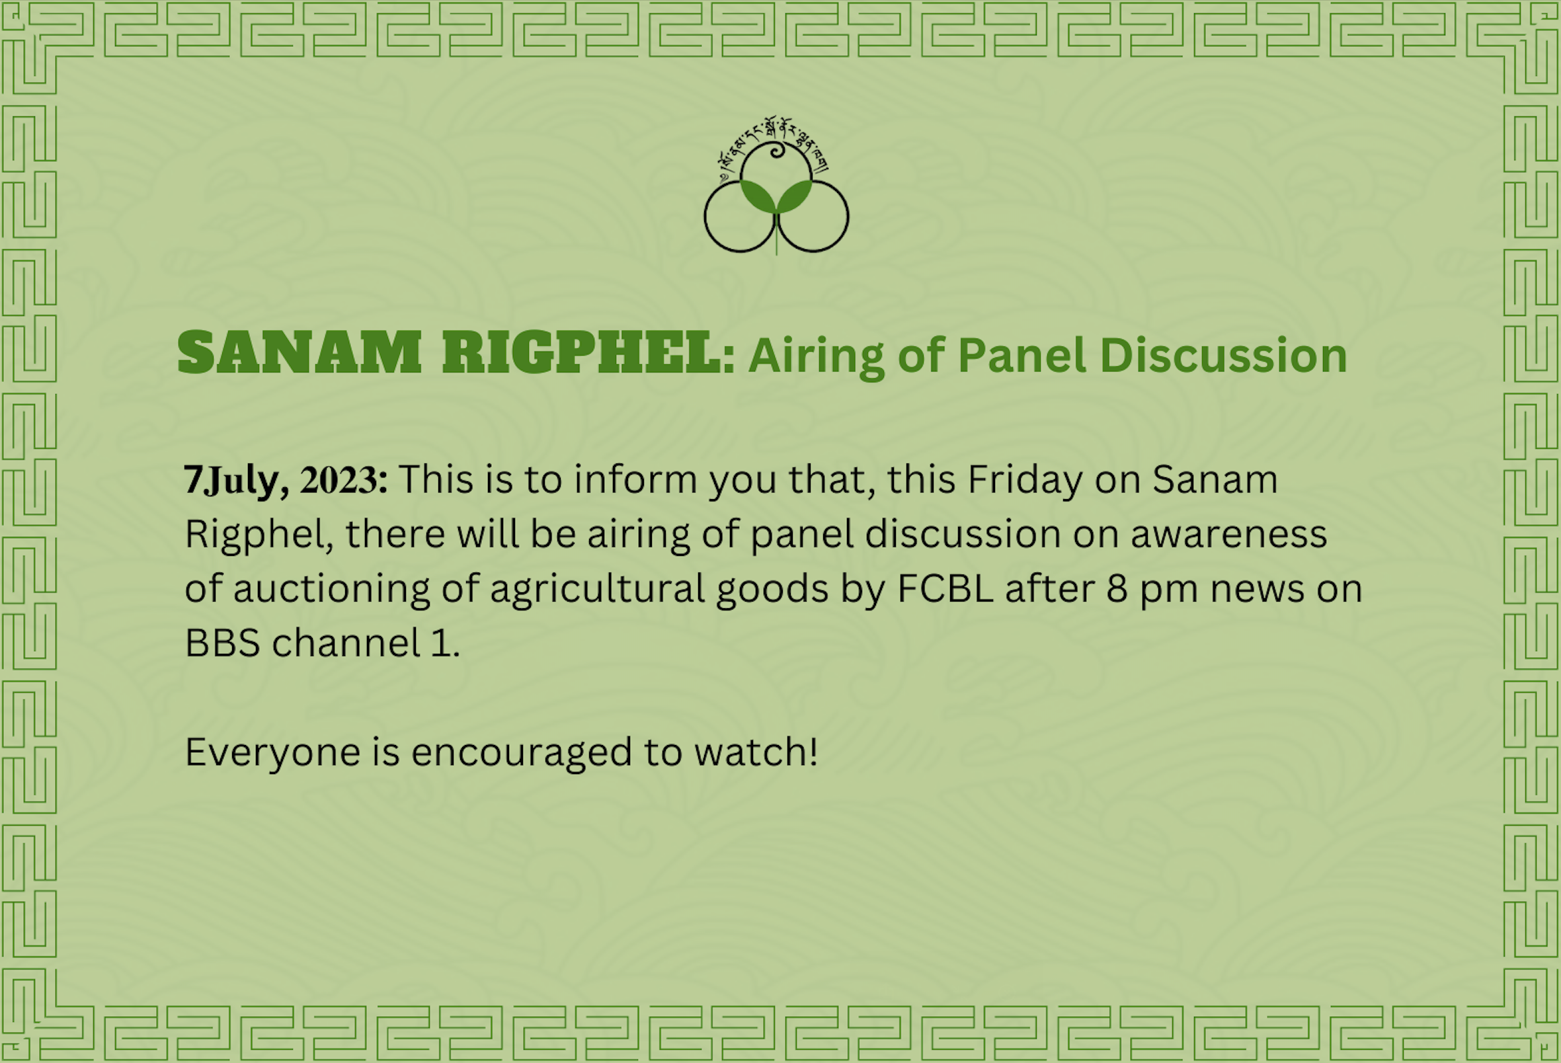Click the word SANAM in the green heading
[300, 352]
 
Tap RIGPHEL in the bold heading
[582, 352]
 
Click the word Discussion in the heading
[1223, 354]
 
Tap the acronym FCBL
[945, 589]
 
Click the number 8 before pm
[1117, 589]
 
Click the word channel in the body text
[346, 643]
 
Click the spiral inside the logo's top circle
[776, 151]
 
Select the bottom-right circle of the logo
[848, 217]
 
